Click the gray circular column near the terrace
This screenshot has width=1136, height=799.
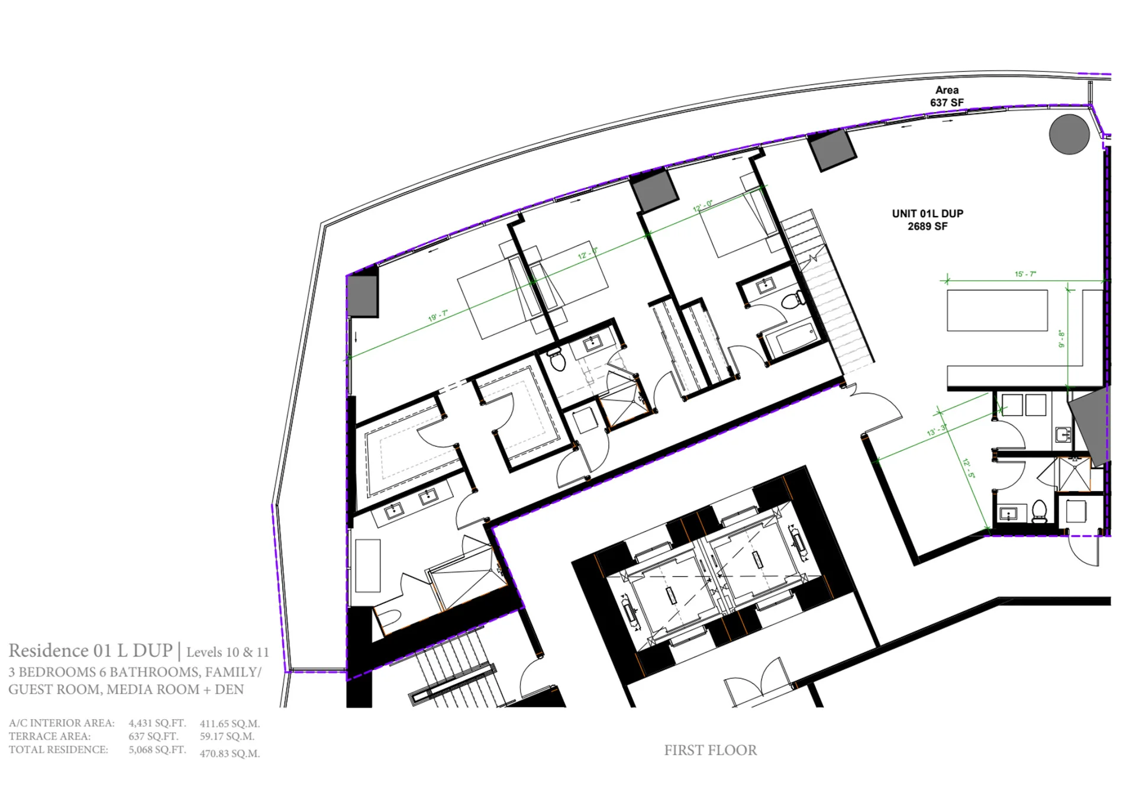(x=1069, y=134)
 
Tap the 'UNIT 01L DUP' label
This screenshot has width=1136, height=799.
(x=928, y=214)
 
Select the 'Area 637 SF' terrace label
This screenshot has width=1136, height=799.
(x=947, y=96)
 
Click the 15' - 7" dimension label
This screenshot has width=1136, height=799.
(x=1025, y=274)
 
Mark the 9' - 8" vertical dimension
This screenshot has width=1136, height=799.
(x=1062, y=339)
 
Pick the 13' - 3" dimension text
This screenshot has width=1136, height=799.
(x=937, y=430)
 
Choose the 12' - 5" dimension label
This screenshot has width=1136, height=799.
(x=969, y=468)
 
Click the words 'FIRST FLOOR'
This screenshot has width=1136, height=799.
(x=710, y=750)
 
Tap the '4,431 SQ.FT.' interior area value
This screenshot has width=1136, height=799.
(x=157, y=723)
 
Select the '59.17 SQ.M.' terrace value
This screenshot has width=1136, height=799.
(x=227, y=737)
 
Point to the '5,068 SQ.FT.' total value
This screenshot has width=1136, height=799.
(x=157, y=750)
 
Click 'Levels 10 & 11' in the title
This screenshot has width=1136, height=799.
(x=227, y=652)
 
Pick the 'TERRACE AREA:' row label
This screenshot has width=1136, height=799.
(x=50, y=737)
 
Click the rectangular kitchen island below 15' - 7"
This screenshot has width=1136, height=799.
(x=997, y=310)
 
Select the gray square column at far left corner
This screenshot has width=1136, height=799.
(x=362, y=296)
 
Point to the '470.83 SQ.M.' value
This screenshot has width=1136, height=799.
(x=230, y=753)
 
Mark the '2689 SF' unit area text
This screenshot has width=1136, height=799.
(x=928, y=226)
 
